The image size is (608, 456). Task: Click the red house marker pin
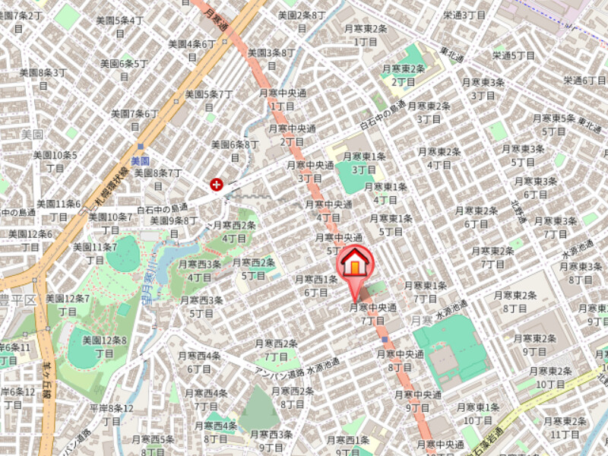coord(355,265)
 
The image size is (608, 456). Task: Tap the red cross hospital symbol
coord(217,183)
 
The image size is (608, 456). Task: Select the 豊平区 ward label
coord(18,299)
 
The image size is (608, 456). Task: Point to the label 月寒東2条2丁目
coord(407,74)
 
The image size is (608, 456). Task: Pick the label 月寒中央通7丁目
coord(372,314)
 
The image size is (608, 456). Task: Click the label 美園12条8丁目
coord(104,346)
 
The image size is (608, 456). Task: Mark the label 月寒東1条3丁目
coord(364,163)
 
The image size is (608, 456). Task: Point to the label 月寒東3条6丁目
coord(536,188)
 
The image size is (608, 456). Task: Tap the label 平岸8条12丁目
coord(111,414)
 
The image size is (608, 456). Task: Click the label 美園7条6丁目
coord(135,119)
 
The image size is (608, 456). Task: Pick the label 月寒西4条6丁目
coord(199,362)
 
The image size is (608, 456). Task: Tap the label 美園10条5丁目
coord(55,161)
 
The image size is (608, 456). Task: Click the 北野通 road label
coord(518,212)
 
